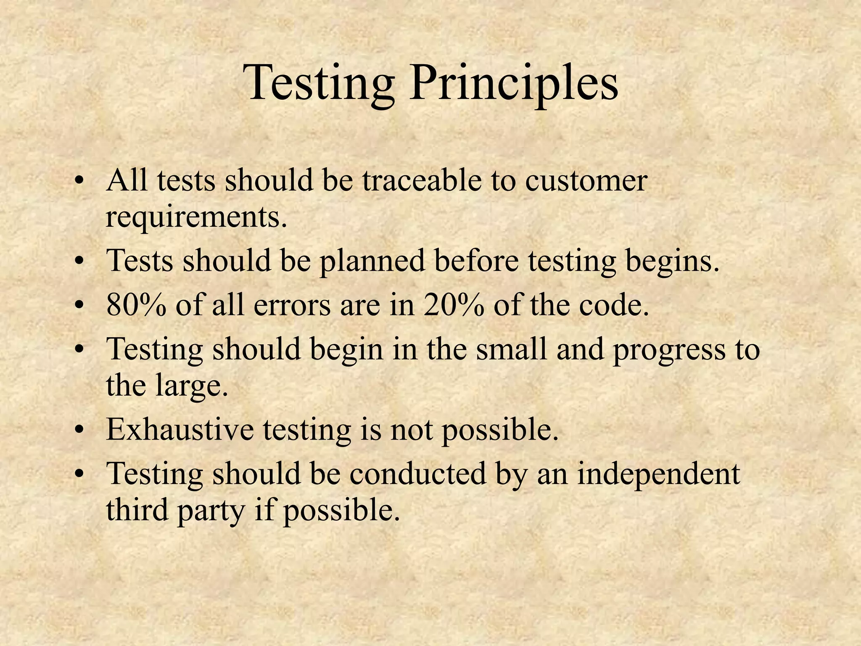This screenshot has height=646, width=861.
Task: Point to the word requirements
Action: click(x=197, y=217)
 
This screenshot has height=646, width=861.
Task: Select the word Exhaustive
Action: click(x=180, y=429)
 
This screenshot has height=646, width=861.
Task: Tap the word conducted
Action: click(x=417, y=474)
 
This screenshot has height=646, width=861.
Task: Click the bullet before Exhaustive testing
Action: click(x=79, y=432)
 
